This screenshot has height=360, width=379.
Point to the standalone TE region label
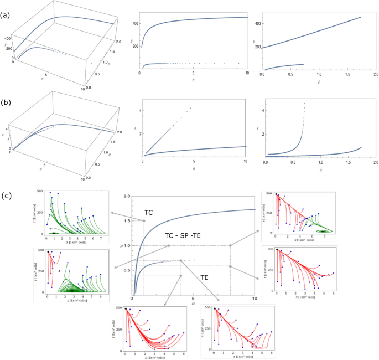(204, 277)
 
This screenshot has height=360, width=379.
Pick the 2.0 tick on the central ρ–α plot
(127, 197)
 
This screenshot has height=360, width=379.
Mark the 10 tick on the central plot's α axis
(255, 300)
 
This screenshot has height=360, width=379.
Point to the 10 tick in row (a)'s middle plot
(247, 73)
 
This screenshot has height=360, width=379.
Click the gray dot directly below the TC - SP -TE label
(169, 246)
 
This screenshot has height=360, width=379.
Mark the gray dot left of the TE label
(180, 276)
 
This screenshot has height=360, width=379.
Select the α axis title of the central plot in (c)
(194, 304)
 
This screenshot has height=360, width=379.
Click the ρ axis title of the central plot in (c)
(124, 245)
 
